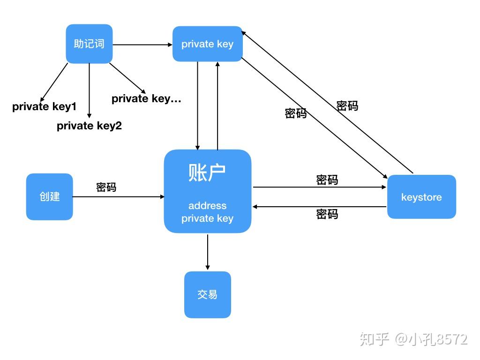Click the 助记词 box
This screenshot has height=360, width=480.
pyautogui.click(x=89, y=44)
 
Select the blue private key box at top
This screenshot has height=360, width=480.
pyautogui.click(x=207, y=44)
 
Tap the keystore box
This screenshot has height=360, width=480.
pyautogui.click(x=421, y=197)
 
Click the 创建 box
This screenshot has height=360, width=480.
pyautogui.click(x=49, y=196)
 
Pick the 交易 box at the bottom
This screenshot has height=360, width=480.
pyautogui.click(x=207, y=294)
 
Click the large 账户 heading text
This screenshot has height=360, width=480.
pyautogui.click(x=207, y=173)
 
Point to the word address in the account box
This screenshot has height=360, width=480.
pyautogui.click(x=207, y=206)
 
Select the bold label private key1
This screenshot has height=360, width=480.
pyautogui.click(x=44, y=106)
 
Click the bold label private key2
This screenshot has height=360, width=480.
pyautogui.click(x=89, y=126)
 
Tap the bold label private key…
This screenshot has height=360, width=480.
pyautogui.click(x=146, y=98)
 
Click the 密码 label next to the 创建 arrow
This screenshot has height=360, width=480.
pyautogui.click(x=106, y=187)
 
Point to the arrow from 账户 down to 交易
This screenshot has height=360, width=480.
pyautogui.click(x=207, y=252)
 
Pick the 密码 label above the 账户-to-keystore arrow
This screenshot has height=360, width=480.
pyautogui.click(x=327, y=180)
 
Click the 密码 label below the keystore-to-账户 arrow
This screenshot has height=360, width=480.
pyautogui.click(x=327, y=214)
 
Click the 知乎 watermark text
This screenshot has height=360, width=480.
pyautogui.click(x=375, y=339)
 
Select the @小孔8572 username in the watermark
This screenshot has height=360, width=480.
pyautogui.click(x=431, y=339)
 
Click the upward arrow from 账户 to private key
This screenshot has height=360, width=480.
pyautogui.click(x=217, y=105)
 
